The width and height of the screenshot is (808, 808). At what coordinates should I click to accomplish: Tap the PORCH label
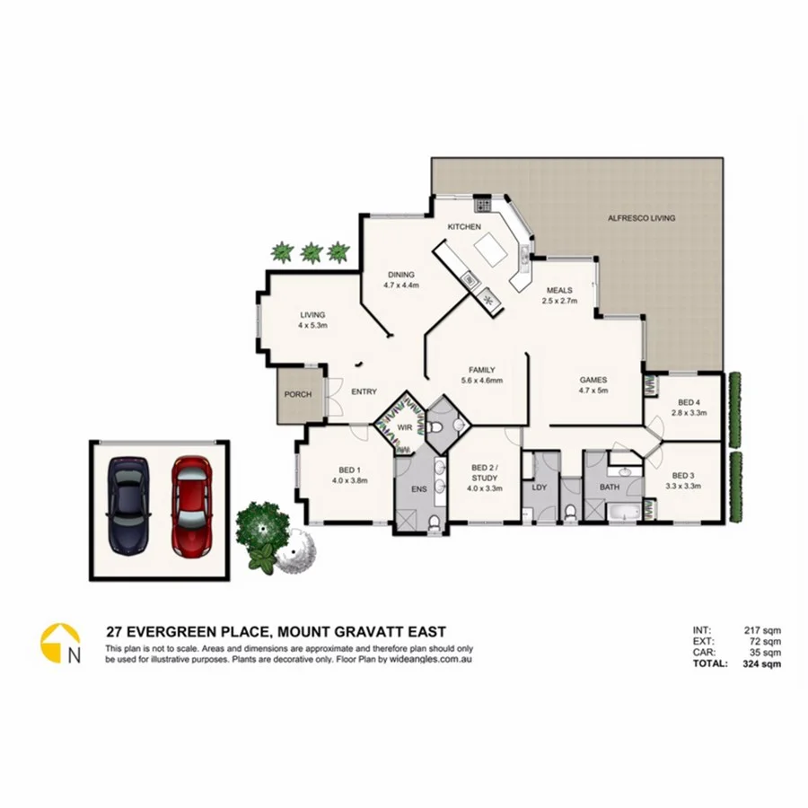click(297, 394)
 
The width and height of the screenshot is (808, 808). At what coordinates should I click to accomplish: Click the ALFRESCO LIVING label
click(641, 218)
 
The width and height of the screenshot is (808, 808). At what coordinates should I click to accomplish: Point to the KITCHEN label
click(465, 227)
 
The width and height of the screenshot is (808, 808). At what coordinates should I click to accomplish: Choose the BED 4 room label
click(688, 402)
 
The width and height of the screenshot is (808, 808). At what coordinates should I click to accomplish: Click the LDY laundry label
click(539, 487)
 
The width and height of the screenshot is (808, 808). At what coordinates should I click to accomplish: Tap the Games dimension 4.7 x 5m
click(593, 391)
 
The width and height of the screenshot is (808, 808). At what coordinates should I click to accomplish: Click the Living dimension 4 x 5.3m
click(312, 326)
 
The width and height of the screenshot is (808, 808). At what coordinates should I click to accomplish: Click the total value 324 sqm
click(761, 665)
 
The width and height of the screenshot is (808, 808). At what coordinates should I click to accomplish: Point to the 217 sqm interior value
click(763, 630)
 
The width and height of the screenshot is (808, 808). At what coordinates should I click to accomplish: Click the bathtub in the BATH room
click(621, 513)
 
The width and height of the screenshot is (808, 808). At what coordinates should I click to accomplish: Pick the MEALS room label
click(558, 291)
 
